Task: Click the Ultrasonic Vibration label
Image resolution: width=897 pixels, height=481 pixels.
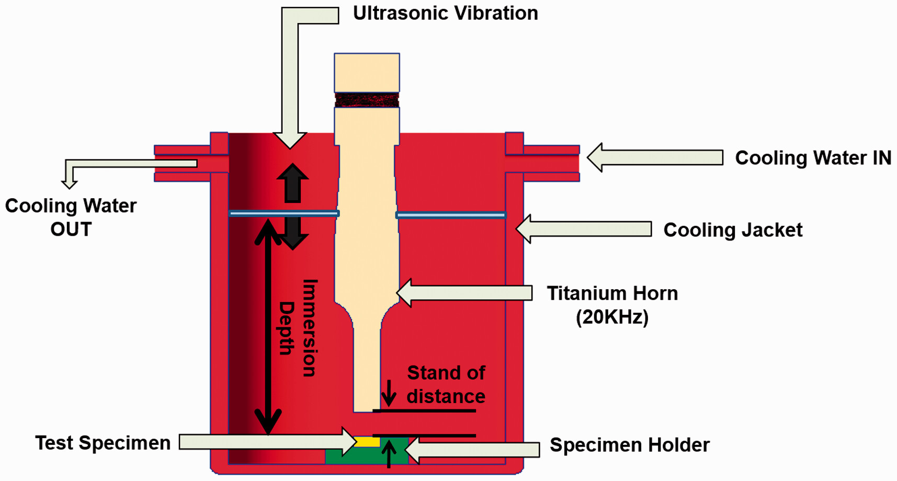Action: (x=445, y=13)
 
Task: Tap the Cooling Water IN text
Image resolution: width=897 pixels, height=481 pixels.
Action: (x=813, y=158)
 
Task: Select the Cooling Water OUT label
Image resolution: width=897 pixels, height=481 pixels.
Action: (x=71, y=217)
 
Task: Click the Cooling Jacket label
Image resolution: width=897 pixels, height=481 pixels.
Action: (x=732, y=230)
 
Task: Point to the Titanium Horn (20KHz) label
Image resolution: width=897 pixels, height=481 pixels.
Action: (x=612, y=305)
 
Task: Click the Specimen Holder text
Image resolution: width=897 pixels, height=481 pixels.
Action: (x=629, y=445)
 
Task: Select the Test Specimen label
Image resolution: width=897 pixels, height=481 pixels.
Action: (x=103, y=443)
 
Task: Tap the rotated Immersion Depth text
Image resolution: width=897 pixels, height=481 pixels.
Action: (x=298, y=328)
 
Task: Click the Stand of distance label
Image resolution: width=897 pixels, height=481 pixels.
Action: (x=446, y=384)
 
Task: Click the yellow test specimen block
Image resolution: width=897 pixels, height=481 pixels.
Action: (x=367, y=442)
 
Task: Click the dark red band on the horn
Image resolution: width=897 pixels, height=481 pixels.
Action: (x=367, y=100)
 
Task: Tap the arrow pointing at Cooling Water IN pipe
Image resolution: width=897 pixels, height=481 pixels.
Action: (x=654, y=157)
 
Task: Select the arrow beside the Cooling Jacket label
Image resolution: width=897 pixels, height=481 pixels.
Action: (x=583, y=229)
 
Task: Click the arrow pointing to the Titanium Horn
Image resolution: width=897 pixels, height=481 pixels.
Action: (x=464, y=293)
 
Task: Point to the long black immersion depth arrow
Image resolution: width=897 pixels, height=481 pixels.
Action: (x=268, y=327)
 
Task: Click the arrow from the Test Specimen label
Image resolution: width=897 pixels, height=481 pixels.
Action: (x=267, y=442)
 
